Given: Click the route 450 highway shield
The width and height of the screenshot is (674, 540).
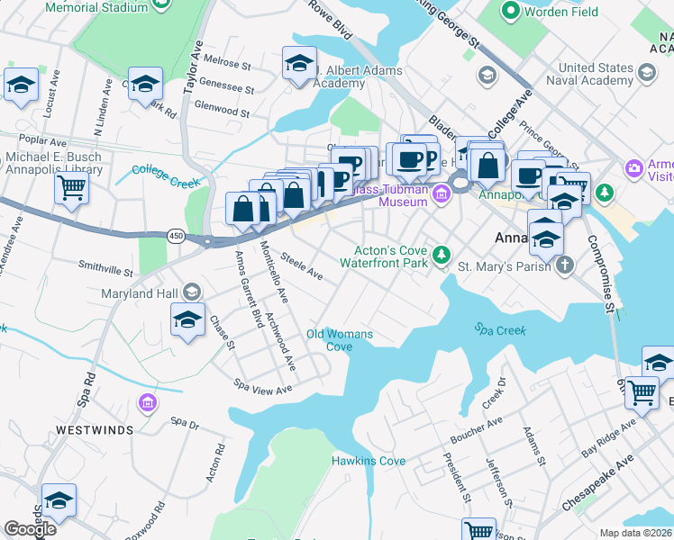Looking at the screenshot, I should [176, 236].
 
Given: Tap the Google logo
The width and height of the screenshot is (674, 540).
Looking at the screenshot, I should [30, 529].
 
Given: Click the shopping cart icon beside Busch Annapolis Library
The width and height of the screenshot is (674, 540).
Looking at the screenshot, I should [71, 188].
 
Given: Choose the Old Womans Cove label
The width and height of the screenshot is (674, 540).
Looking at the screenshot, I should [339, 340].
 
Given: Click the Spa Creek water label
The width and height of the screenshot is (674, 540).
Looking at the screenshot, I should [500, 330].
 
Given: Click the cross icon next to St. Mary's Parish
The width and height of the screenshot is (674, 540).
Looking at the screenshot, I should [564, 265].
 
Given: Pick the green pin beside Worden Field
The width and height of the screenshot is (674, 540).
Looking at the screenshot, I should [510, 11].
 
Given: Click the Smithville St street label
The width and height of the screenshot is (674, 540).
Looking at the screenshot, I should [105, 268].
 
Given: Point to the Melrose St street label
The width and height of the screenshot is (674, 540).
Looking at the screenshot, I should [227, 64].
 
